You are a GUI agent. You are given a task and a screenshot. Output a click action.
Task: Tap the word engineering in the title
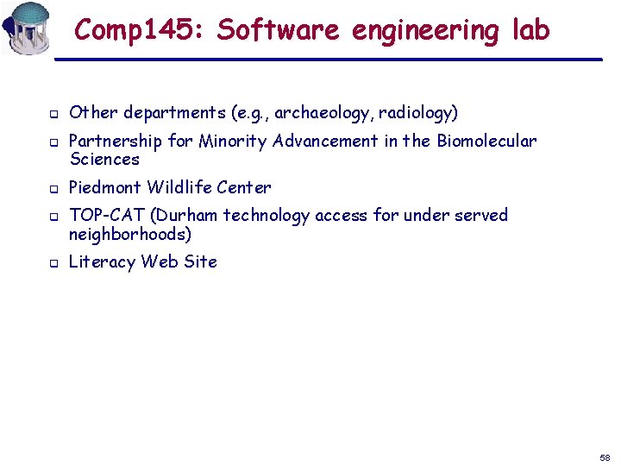pyautogui.click(x=425, y=31)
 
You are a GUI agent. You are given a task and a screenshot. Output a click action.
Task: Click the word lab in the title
pyautogui.click(x=530, y=30)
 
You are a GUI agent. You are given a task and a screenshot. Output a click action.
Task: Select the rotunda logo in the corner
pyautogui.click(x=26, y=28)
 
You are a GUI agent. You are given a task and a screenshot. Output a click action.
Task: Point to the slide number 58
pyautogui.click(x=605, y=457)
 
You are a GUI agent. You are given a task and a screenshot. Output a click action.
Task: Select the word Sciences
pyautogui.click(x=104, y=160)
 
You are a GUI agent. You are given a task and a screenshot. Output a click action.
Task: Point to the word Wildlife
pyautogui.click(x=179, y=187)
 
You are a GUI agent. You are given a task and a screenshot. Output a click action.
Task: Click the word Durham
pyautogui.click(x=187, y=216)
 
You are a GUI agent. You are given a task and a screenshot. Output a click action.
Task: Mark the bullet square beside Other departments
pyautogui.click(x=53, y=114)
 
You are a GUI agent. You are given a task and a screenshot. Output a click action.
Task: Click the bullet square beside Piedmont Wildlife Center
pyautogui.click(x=53, y=188)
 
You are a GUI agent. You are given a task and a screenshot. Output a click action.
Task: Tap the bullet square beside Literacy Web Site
pyautogui.click(x=53, y=263)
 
